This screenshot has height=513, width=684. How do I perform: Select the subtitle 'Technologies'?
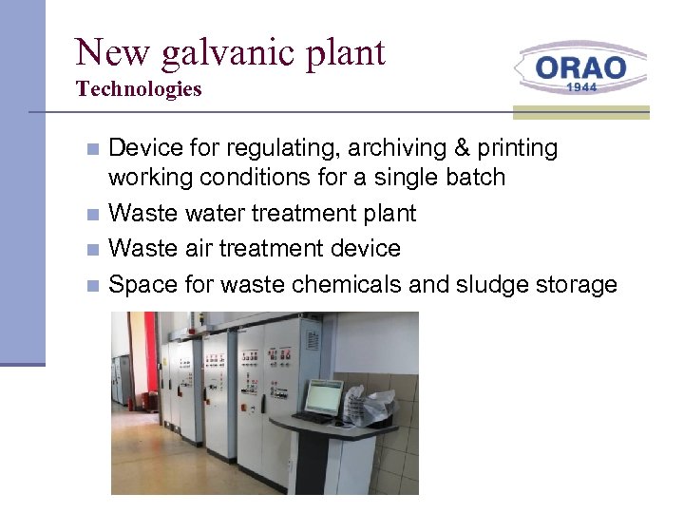[x=139, y=89]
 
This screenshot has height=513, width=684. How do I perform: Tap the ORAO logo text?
[x=580, y=67]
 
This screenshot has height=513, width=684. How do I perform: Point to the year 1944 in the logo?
[x=580, y=86]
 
